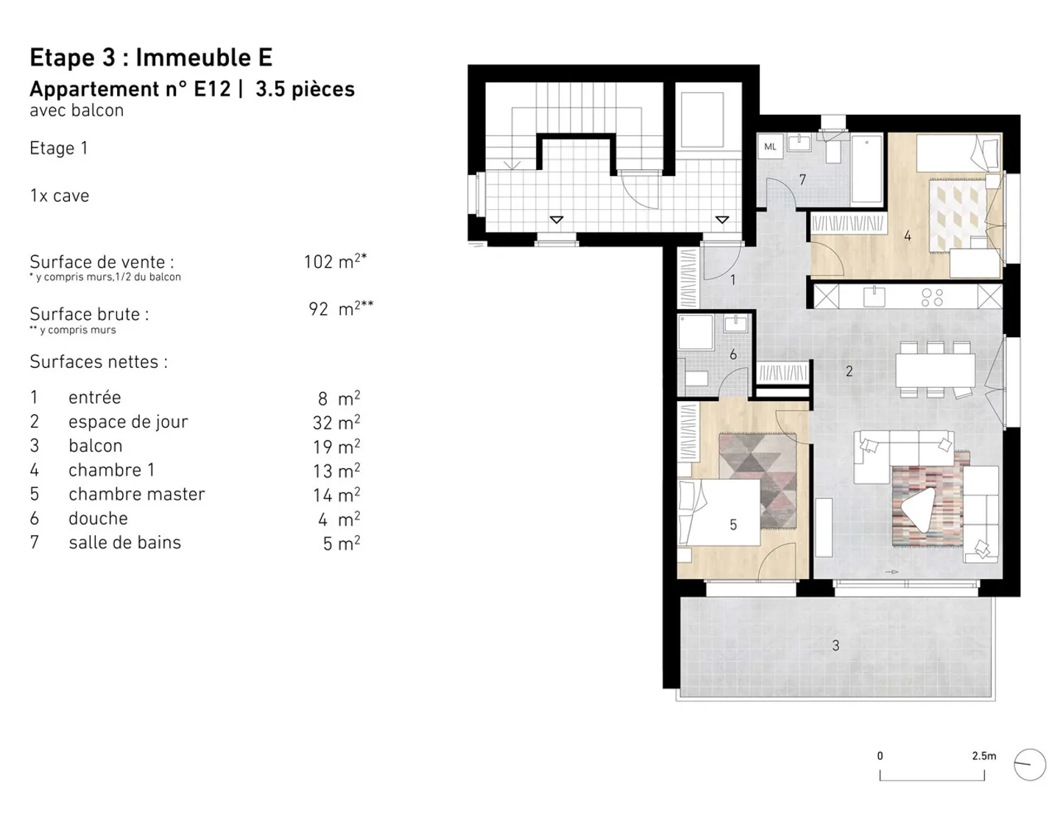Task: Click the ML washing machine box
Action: click(770, 146)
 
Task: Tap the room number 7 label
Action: click(802, 180)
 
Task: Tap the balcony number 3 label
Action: click(835, 645)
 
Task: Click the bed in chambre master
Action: click(720, 512)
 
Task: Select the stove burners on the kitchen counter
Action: click(932, 297)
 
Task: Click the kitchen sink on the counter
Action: click(875, 297)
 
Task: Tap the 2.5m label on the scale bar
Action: click(983, 756)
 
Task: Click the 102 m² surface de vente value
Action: click(334, 261)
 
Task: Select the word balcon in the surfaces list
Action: click(95, 446)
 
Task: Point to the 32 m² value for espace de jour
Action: click(336, 422)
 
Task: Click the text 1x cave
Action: click(60, 196)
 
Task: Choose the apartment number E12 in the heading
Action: click(212, 89)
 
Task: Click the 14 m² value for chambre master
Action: click(336, 495)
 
